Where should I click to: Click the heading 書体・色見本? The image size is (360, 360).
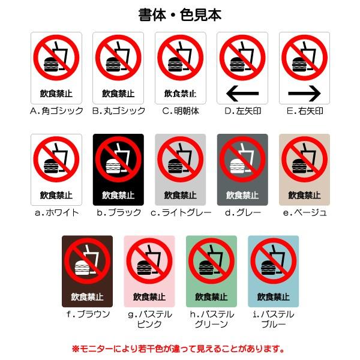click(180, 15)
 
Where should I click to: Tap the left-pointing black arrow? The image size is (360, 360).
click(242, 94)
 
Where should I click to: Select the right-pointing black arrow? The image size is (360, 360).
click(304, 94)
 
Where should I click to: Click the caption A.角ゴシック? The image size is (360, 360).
click(56, 111)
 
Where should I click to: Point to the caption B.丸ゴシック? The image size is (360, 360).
click(118, 111)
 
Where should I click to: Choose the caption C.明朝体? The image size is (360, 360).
click(181, 111)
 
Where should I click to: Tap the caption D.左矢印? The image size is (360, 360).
click(242, 111)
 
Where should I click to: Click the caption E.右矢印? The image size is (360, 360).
click(305, 111)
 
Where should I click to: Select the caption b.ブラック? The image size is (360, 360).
click(119, 212)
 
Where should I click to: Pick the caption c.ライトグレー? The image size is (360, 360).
click(181, 212)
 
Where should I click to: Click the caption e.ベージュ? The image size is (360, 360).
click(305, 212)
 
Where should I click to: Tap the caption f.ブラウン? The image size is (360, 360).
click(88, 314)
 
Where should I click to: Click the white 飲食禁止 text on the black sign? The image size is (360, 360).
click(118, 196)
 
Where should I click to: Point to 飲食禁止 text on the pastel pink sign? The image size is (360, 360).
click(149, 297)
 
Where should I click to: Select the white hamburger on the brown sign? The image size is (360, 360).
click(82, 268)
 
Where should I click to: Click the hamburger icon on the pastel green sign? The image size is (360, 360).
click(206, 268)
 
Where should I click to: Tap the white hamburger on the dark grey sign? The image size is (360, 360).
click(237, 166)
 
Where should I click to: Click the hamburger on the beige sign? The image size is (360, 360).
click(299, 166)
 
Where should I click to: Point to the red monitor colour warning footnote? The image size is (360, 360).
click(178, 349)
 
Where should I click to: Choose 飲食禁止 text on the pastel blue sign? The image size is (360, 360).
click(273, 297)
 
